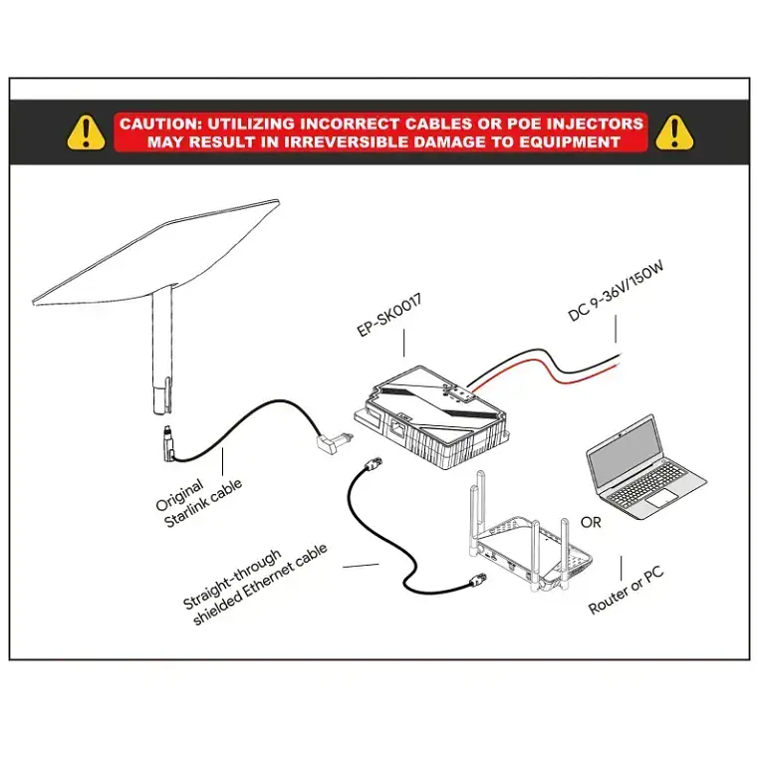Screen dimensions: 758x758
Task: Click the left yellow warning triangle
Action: pyautogui.click(x=86, y=131)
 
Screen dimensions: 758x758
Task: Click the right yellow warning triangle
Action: pyautogui.click(x=674, y=131)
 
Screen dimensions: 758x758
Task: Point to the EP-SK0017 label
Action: pyautogui.click(x=389, y=315)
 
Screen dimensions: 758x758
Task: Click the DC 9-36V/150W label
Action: pyautogui.click(x=616, y=291)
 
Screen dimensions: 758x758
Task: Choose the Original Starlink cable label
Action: pyautogui.click(x=198, y=503)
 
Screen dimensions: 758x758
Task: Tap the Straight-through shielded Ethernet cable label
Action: pyautogui.click(x=255, y=586)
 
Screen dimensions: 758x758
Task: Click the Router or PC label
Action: pyautogui.click(x=627, y=591)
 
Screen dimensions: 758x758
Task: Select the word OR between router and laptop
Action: pyautogui.click(x=591, y=523)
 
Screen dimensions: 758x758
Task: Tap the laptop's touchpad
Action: pyautogui.click(x=663, y=498)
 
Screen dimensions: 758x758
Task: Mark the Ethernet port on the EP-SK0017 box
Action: pyautogui.click(x=397, y=428)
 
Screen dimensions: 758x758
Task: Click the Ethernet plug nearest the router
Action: pyautogui.click(x=478, y=580)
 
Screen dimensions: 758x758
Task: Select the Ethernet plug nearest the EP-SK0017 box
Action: pyautogui.click(x=374, y=463)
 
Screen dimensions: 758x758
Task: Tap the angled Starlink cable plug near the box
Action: pyautogui.click(x=334, y=442)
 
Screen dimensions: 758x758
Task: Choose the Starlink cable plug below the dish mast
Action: pyautogui.click(x=167, y=441)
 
